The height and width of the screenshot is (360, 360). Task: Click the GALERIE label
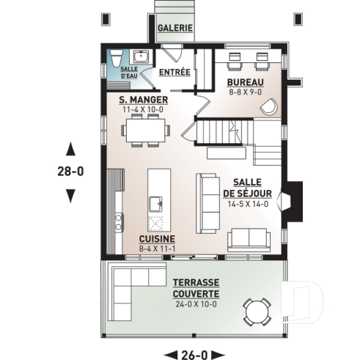click(x=175, y=28)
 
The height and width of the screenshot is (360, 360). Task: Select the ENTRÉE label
click(x=175, y=72)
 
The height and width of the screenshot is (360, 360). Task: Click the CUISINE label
click(x=156, y=240)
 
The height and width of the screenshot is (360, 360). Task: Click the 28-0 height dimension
click(x=70, y=172)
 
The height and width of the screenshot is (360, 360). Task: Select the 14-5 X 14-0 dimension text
click(x=246, y=204)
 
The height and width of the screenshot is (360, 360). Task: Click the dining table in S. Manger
click(x=146, y=131)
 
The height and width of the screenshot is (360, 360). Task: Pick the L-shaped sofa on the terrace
click(x=128, y=282)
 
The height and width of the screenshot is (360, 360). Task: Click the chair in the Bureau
click(x=270, y=106)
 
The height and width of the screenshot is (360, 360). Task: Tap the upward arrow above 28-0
click(x=70, y=148)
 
